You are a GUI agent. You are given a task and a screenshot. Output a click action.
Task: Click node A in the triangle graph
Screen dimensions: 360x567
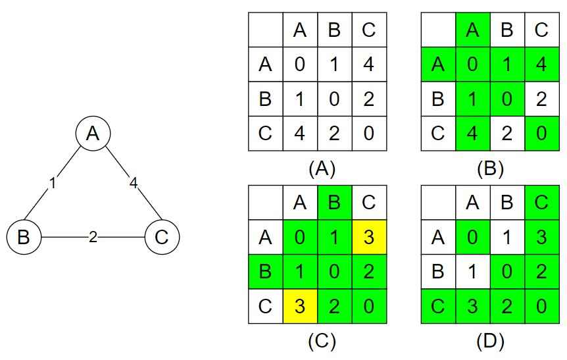coord(93,134)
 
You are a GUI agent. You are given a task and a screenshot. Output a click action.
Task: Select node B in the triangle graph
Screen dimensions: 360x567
coord(24,237)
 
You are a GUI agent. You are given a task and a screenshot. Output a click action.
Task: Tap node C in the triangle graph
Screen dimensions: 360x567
coord(161,237)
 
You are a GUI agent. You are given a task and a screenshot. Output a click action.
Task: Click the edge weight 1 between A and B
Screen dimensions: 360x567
coord(53,183)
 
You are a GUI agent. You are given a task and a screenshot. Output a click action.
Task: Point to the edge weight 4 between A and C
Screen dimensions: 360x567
coord(134,183)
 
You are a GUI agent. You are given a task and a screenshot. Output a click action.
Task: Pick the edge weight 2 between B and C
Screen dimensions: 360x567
coord(93,237)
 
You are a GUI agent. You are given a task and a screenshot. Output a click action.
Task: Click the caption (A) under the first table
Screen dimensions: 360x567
coord(322,168)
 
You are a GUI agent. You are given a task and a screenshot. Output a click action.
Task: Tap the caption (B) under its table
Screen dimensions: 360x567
coord(490,168)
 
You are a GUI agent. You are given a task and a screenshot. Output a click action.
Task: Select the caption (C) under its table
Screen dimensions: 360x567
coord(322,341)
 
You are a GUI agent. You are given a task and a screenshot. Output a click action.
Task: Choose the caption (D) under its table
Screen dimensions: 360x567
coord(490,341)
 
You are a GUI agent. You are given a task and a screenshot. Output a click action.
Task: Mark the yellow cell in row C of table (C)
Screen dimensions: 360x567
coord(300,306)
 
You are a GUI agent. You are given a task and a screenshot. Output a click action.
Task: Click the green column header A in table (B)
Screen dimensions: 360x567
coord(473,30)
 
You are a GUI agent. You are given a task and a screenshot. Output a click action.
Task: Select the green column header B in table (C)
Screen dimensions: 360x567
coord(334,202)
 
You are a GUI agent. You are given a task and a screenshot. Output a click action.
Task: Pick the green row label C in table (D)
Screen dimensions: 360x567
coord(438,306)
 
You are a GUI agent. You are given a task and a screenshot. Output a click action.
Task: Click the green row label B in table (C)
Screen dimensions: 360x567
coord(265,271)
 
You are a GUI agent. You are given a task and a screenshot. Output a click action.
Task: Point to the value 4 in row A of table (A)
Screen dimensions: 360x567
coord(369,64)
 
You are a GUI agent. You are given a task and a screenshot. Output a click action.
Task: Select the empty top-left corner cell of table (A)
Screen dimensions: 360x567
coord(265,30)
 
